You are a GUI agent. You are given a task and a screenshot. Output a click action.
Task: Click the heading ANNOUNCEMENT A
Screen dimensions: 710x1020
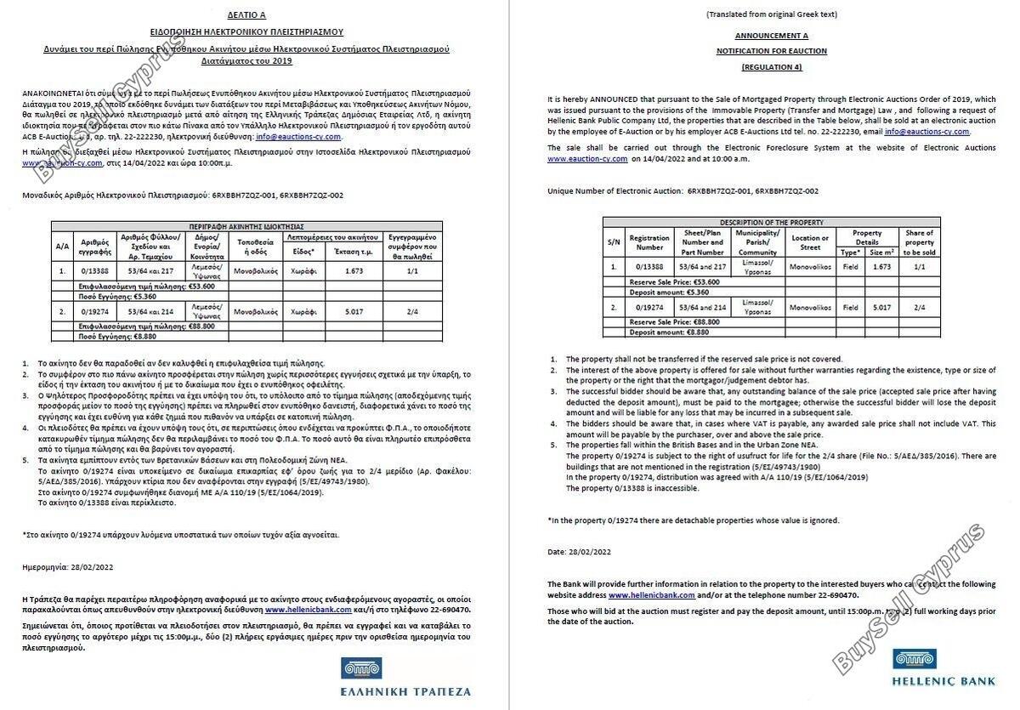click(771, 36)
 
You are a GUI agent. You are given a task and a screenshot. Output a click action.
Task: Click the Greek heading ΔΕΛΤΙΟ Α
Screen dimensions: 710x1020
click(246, 15)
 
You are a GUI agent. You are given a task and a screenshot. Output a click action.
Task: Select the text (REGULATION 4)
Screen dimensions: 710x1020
click(771, 66)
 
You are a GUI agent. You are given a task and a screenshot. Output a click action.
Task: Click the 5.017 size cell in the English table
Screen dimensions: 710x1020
click(881, 307)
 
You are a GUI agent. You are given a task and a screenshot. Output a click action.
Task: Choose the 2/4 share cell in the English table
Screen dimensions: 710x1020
click(919, 307)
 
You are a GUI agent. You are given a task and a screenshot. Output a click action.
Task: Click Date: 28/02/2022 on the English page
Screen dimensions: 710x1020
click(579, 552)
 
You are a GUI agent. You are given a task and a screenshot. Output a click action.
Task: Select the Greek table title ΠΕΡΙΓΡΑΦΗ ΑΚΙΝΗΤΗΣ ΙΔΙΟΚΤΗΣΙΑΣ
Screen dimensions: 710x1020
click(246, 227)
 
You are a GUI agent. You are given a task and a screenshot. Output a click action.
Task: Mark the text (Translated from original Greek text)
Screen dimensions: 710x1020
click(771, 14)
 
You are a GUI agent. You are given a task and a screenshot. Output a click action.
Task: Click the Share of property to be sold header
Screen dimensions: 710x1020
click(919, 242)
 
